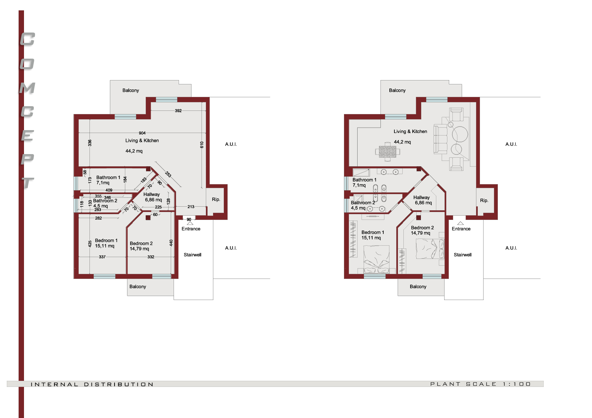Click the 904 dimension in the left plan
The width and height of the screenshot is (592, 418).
click(142, 133)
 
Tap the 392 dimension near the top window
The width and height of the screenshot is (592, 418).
click(178, 110)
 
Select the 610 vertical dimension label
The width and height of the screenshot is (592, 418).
click(202, 145)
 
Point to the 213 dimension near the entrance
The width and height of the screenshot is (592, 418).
click(191, 206)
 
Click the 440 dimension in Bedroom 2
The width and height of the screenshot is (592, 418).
click(171, 243)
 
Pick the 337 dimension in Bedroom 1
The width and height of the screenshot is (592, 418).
click(102, 257)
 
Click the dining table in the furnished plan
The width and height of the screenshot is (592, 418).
click(387, 152)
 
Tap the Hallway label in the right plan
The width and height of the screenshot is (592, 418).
click(422, 197)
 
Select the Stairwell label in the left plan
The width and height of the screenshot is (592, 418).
click(193, 255)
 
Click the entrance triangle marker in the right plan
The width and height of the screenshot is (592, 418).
click(460, 223)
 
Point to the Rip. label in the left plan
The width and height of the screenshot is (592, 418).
click(216, 200)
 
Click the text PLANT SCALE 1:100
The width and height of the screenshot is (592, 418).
click(480, 384)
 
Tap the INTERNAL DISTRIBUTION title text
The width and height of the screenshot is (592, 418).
click(92, 384)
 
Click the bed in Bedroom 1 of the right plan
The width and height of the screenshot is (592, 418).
click(376, 259)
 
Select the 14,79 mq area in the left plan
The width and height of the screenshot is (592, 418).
click(139, 249)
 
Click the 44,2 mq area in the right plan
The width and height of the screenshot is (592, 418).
click(402, 142)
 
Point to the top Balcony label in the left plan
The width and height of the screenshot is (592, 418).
click(131, 90)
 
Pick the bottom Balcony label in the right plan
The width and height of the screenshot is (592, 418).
click(418, 286)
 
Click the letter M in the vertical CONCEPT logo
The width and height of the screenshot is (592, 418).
click(27, 88)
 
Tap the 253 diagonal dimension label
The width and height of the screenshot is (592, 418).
click(168, 174)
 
